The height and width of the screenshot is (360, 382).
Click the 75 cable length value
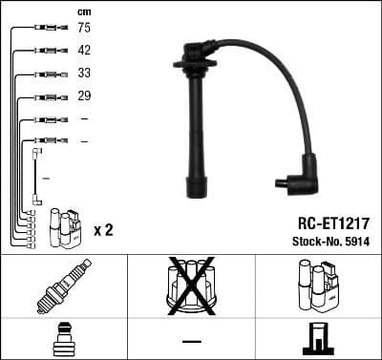(84, 29)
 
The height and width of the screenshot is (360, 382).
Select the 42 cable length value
(84, 51)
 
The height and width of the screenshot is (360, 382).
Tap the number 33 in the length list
(84, 74)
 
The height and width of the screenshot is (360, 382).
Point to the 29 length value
(84, 96)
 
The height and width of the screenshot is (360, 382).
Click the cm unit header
(84, 11)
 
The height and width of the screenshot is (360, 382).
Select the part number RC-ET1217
(328, 221)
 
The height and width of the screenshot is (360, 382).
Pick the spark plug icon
(63, 286)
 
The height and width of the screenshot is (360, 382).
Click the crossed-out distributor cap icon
(191, 285)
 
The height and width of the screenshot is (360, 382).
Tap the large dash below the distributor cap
(191, 341)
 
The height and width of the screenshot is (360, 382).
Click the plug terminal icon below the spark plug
(63, 340)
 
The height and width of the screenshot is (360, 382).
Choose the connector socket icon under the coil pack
(317, 340)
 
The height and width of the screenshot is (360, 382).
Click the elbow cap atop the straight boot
(198, 49)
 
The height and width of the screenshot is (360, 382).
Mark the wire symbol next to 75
(44, 29)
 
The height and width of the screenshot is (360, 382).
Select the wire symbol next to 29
(44, 96)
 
